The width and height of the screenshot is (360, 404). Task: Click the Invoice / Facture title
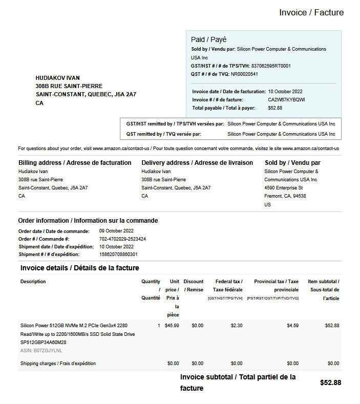(311, 12)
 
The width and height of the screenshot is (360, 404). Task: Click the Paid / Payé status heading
(208, 39)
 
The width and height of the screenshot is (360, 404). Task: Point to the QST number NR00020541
(244, 74)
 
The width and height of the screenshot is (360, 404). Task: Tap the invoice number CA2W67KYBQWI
(286, 100)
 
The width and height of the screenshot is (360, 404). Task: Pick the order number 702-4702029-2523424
(122, 239)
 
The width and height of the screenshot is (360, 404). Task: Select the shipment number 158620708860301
(118, 254)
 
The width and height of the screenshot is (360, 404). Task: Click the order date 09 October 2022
(116, 231)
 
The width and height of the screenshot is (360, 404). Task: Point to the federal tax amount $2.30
(237, 325)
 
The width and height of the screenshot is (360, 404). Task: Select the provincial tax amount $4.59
(292, 325)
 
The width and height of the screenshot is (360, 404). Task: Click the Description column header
(33, 282)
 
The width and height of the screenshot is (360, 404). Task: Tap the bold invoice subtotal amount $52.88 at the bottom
(330, 382)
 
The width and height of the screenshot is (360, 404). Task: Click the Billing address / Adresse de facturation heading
(75, 163)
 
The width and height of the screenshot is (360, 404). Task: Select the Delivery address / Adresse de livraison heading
(197, 163)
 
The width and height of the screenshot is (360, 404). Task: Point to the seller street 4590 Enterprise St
(283, 188)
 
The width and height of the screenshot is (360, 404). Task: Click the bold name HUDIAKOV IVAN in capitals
(58, 78)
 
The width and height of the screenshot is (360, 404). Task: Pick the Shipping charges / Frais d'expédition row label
(58, 364)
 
